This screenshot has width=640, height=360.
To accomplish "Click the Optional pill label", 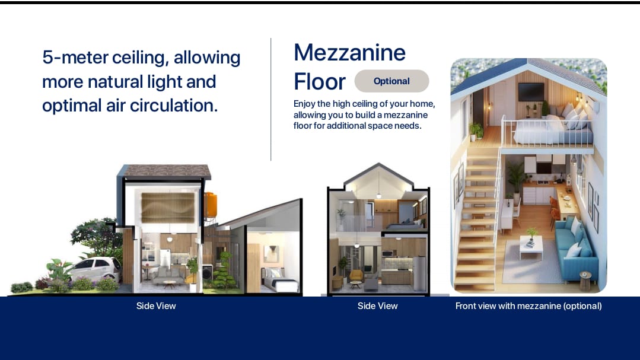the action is pos(391,81).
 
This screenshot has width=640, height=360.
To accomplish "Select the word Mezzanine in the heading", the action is pos(349,53).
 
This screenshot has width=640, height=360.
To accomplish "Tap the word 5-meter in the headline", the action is pos(75,57).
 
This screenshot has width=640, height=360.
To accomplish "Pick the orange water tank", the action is pos(211,204).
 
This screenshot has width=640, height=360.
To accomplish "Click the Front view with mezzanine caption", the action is pos(528,305).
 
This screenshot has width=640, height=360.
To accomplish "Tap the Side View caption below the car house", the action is pos(156,305).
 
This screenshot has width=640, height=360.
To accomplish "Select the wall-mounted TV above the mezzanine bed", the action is pos(531,91).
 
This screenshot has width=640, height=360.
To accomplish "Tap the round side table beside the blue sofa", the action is pos(585,281).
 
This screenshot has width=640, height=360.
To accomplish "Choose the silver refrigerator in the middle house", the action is pos(419,273).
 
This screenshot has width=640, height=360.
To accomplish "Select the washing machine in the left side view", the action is pos(208,273).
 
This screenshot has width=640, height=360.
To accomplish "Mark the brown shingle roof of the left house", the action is pos(167,171).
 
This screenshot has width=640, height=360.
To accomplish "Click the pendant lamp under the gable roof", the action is pos(379,195).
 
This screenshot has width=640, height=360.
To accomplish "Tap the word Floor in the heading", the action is pos(320,81).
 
